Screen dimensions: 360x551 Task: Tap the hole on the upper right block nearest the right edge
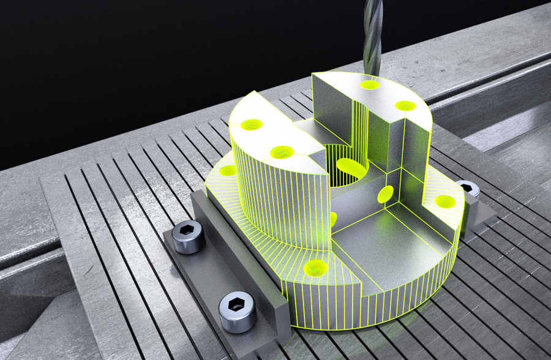pyautogui.click(x=405, y=105)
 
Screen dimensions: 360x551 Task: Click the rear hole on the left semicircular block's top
pyautogui.click(x=250, y=125)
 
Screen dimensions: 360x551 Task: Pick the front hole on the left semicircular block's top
pyautogui.click(x=281, y=152)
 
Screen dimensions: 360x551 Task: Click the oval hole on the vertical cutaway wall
pyautogui.click(x=386, y=194)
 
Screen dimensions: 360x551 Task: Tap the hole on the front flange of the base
pyautogui.click(x=316, y=268)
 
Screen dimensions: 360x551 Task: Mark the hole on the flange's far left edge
pyautogui.click(x=227, y=170)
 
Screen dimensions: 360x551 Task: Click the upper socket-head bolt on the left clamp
pyautogui.click(x=188, y=235)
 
